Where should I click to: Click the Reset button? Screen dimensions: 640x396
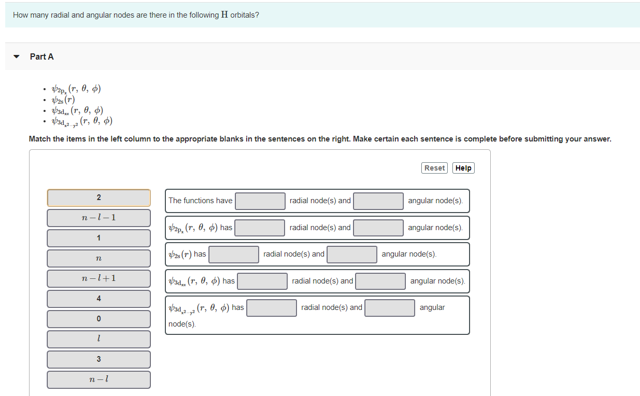pos(434,168)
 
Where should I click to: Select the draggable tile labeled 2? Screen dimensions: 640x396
pos(98,197)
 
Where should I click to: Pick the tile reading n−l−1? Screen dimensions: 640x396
pos(98,218)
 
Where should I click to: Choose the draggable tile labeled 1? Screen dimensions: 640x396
pos(98,238)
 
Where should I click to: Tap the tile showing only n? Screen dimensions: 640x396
pos(98,258)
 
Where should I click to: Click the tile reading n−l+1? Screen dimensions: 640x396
pos(98,278)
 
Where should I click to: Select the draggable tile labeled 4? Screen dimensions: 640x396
pos(98,299)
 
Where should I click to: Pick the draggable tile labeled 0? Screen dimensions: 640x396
pos(98,319)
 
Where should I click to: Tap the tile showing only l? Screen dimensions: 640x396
pos(98,339)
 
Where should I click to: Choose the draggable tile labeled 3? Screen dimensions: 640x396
pos(98,359)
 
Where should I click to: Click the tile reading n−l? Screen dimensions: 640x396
pos(98,379)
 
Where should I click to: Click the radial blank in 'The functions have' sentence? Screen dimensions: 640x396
pos(260,201)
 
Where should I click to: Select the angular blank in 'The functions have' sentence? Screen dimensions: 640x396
pos(378,201)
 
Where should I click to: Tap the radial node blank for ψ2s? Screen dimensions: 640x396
pos(234,254)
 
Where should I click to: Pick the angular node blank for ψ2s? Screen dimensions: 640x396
pos(352,254)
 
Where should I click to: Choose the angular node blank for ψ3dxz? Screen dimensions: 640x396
pos(380,281)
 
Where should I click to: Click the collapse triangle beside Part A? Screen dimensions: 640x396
pos(17,56)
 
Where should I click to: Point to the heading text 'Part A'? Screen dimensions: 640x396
pos(42,56)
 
